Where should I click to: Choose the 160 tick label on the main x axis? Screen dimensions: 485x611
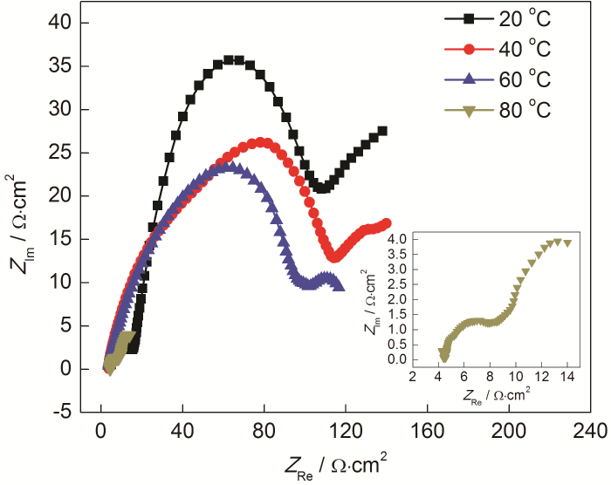tap(428, 430)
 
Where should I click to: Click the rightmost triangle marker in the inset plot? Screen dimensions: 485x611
tap(567, 243)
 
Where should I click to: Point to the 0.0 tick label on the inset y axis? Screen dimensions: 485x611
tap(400, 359)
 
